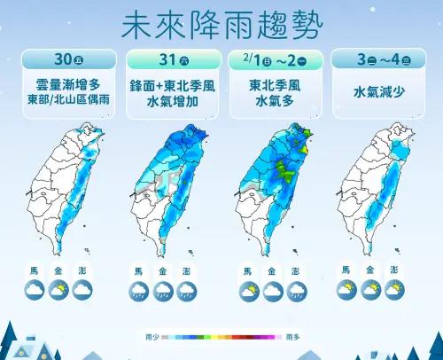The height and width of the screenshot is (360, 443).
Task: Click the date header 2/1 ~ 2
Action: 273,60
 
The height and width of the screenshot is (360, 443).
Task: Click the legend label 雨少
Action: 152,338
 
